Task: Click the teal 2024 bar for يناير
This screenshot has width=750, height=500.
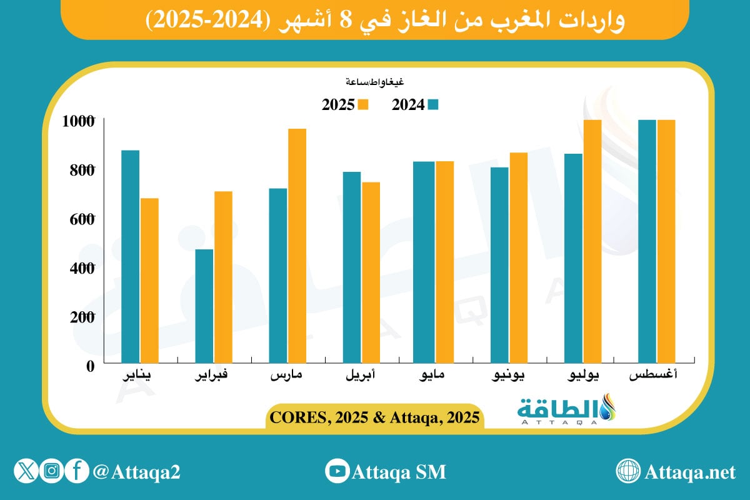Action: point(130,256)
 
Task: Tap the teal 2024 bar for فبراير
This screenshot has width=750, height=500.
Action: point(204,306)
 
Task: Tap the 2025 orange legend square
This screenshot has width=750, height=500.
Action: point(364,104)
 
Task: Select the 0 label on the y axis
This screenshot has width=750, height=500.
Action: point(90,366)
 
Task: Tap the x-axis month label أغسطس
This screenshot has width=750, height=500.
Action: point(656,377)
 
